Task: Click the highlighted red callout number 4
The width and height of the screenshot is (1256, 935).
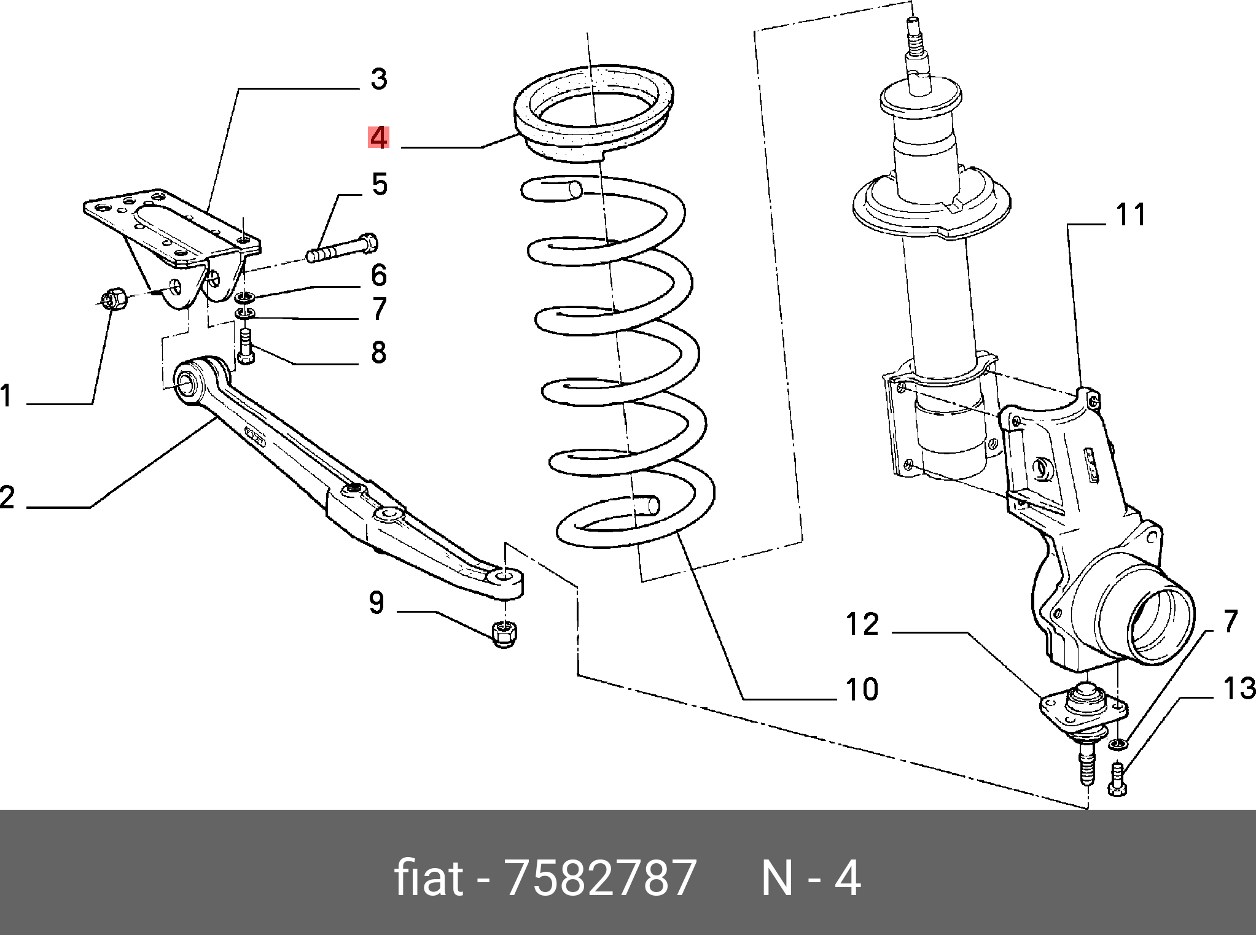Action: [x=378, y=138]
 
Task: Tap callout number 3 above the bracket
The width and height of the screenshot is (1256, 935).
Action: [x=379, y=79]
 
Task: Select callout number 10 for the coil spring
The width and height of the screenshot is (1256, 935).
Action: [x=862, y=689]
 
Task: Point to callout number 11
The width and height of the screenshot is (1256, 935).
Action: [x=1131, y=214]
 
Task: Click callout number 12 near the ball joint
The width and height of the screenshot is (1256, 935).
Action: [x=862, y=624]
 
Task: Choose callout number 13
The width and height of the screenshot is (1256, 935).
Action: [x=1239, y=689]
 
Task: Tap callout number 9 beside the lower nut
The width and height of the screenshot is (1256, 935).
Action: [x=376, y=603]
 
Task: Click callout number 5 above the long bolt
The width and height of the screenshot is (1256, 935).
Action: [x=380, y=184]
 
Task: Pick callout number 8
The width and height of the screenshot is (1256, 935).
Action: [x=378, y=352]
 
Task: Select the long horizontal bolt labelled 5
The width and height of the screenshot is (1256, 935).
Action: [x=341, y=248]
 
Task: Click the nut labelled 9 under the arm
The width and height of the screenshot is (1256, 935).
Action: [x=505, y=634]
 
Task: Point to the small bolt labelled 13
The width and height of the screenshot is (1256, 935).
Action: [x=1117, y=778]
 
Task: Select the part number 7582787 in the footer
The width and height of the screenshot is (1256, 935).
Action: [x=600, y=879]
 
